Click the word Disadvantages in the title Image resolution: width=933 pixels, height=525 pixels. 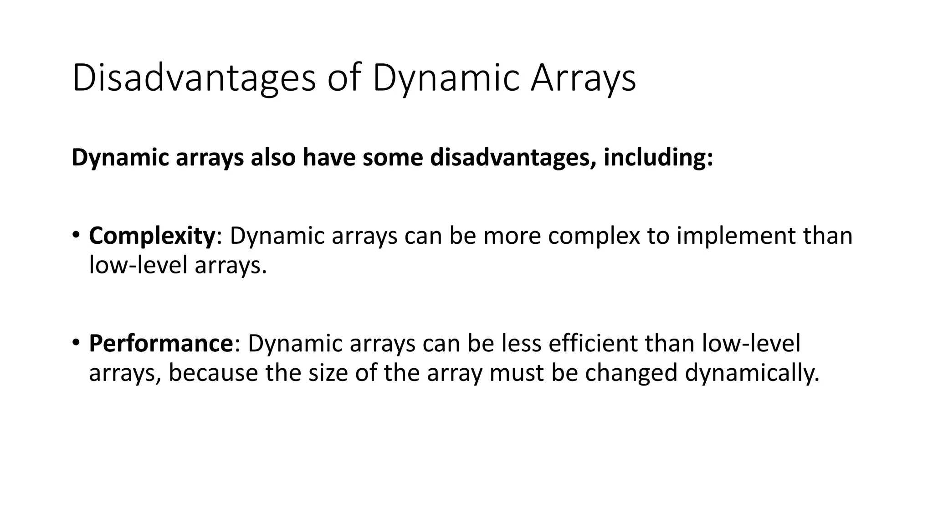[194, 78]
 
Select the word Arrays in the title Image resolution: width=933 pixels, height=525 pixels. [583, 78]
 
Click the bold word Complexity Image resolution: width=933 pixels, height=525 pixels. [152, 236]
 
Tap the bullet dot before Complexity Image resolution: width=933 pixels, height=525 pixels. [76, 235]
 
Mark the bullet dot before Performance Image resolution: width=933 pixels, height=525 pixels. [76, 342]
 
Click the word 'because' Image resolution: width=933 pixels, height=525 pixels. [213, 372]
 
